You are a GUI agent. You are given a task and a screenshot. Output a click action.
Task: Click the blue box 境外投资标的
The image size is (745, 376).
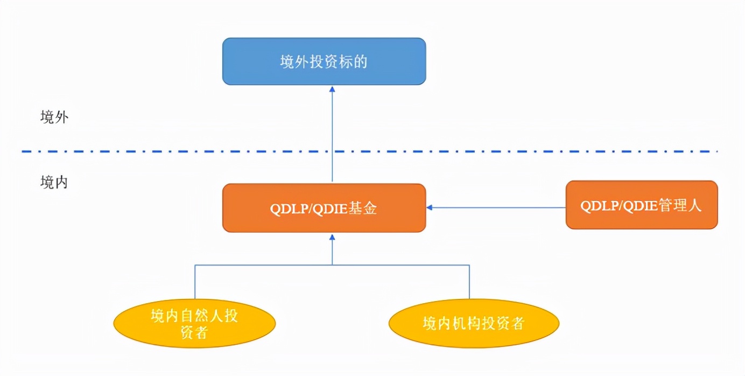[x=324, y=61]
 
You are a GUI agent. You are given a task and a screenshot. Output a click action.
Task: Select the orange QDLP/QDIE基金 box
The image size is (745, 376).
[x=324, y=208]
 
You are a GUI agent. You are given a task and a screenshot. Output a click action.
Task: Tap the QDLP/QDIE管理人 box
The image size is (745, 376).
[x=641, y=205]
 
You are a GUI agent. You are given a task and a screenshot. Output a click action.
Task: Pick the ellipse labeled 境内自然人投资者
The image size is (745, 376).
[x=194, y=323]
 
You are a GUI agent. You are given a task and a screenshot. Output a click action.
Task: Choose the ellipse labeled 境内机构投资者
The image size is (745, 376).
[x=474, y=323]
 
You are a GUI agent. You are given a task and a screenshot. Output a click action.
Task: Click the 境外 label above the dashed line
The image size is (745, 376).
[x=54, y=117]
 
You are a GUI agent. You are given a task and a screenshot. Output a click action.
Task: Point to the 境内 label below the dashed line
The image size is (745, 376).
[x=54, y=183]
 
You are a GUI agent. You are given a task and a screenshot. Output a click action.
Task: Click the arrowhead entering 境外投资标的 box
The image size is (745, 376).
[x=332, y=89]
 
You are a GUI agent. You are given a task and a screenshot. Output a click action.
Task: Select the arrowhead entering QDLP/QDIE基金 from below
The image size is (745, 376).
[x=332, y=237]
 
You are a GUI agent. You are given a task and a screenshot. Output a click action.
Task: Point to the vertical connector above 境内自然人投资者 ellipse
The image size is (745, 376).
[x=195, y=283]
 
